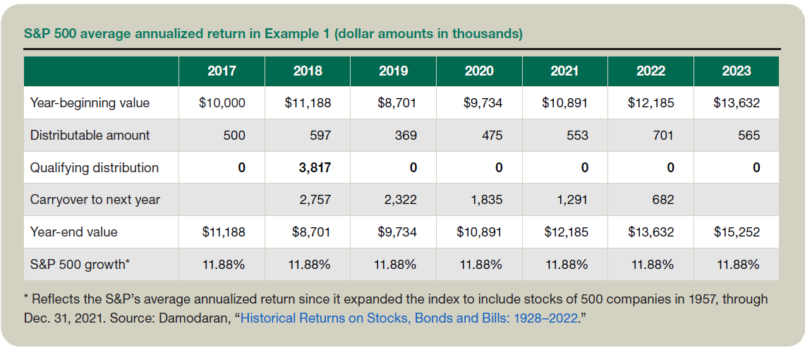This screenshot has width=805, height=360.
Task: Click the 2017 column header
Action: pos(222,71)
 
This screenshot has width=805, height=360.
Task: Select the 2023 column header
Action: pos(736,71)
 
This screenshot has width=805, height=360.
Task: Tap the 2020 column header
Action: pos(479,71)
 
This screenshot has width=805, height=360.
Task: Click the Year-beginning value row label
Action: pos(90,103)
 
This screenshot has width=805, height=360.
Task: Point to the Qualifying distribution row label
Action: pos(94,168)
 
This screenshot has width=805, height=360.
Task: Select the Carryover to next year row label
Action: pos(95,200)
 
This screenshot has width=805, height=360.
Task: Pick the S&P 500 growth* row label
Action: pos(80,265)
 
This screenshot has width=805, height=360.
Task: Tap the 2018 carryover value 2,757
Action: pos(315,200)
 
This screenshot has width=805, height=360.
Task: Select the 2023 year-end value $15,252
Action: pos(736,232)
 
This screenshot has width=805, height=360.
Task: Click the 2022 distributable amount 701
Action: pos(664,136)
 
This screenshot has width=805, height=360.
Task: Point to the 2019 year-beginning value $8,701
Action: pos(397,103)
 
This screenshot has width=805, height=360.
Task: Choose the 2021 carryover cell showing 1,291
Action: pos(573,200)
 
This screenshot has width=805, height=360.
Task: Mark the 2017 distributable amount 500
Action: pos(234,136)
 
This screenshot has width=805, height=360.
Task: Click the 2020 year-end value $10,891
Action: pos(479,232)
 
